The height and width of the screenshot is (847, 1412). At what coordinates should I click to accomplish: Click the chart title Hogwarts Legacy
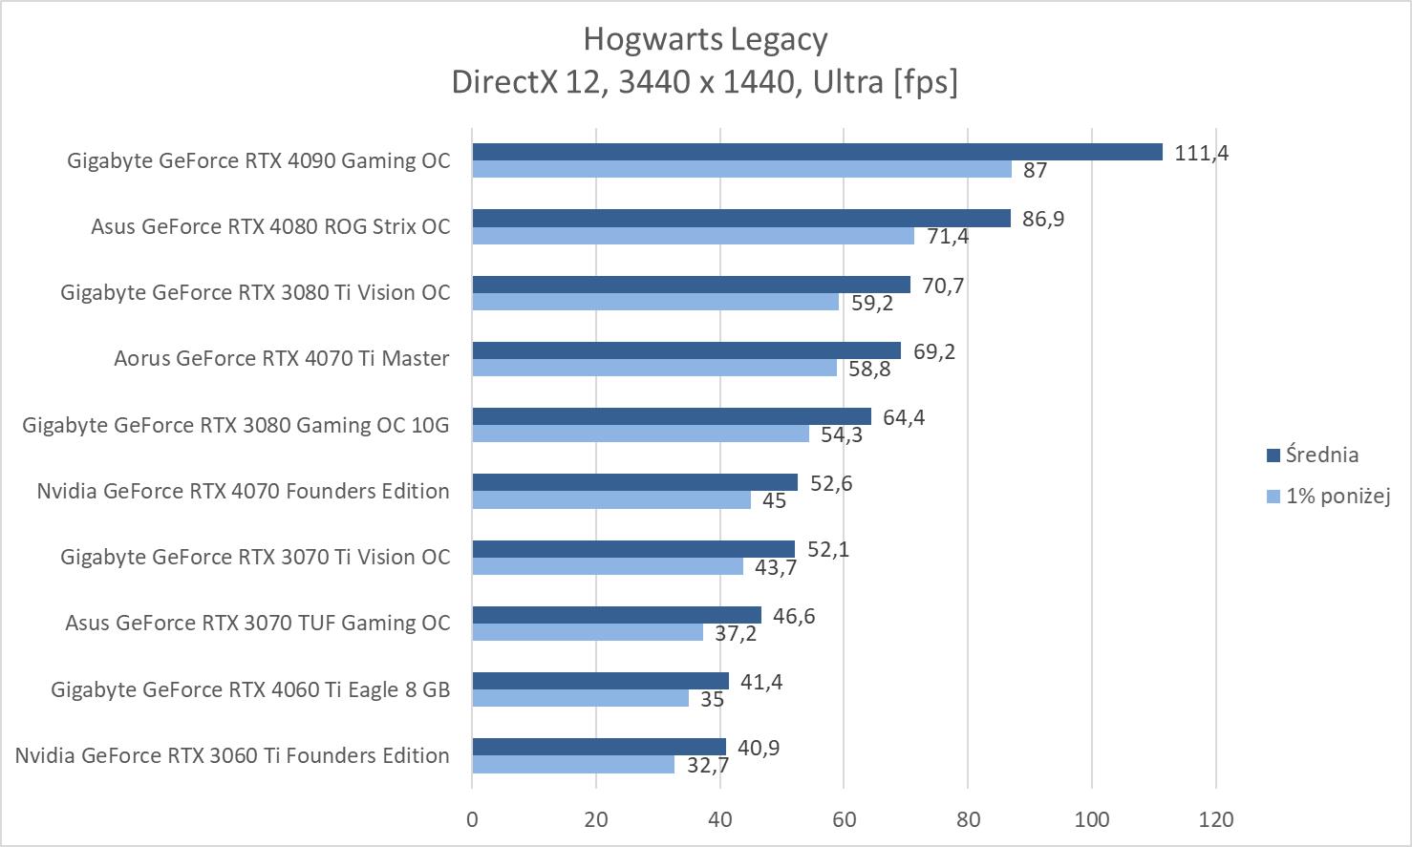click(x=705, y=39)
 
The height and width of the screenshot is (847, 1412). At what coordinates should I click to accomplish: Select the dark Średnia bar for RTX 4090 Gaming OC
click(x=817, y=152)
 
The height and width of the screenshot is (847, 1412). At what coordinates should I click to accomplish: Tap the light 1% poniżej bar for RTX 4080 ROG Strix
click(x=693, y=236)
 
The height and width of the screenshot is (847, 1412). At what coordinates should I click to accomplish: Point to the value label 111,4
click(x=1201, y=153)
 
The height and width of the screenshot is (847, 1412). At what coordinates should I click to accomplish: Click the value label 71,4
click(x=947, y=236)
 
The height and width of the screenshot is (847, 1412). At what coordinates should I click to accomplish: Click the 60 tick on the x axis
click(x=844, y=819)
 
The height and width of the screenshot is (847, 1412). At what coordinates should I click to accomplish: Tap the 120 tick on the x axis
click(x=1215, y=819)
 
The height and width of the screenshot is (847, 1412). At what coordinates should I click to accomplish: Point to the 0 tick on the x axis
click(x=472, y=819)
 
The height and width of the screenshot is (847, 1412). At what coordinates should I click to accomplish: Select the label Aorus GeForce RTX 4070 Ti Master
click(x=281, y=359)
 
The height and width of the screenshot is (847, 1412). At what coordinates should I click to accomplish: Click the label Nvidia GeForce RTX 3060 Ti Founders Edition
click(x=232, y=755)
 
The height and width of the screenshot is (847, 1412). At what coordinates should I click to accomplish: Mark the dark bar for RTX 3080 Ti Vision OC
click(x=691, y=285)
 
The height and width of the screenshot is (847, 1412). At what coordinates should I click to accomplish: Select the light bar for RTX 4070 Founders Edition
click(x=611, y=499)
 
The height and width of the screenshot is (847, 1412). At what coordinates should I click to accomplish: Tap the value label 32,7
click(x=708, y=765)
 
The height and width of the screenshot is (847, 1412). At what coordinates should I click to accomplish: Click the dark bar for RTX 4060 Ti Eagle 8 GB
click(x=600, y=681)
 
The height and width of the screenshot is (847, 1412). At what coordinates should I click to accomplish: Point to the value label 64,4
click(x=904, y=417)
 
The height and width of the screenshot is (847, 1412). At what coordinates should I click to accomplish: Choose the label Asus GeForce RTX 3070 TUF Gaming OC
click(x=257, y=624)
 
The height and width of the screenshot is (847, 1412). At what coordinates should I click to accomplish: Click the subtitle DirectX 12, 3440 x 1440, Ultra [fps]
click(x=705, y=82)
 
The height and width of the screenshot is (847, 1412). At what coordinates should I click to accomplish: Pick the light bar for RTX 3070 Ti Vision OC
click(x=608, y=566)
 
